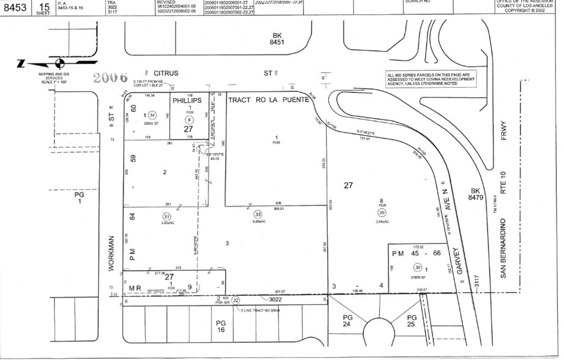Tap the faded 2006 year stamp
click(110, 78)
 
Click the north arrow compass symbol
click(59, 62)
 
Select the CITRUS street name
click(166, 73)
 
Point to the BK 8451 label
click(282, 40)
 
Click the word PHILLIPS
click(187, 100)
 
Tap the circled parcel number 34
click(153, 114)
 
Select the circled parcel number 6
click(190, 120)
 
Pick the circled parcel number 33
click(258, 214)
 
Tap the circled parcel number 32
click(236, 300)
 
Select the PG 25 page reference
click(411, 321)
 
